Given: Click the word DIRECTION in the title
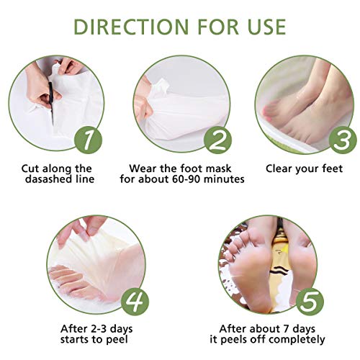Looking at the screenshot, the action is coord(131,27).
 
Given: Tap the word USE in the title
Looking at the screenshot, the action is coord(266,27).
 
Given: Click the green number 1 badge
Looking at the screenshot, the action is coord(89,140).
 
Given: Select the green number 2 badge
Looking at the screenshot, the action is coord(217,140).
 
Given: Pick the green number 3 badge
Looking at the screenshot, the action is coord(343,140).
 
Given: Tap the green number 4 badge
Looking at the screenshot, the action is coord(135,302).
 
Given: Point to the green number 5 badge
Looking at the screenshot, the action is coord(310,302).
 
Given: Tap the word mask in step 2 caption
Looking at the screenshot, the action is coord(218,168).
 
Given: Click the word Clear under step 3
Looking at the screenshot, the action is coord(279,168).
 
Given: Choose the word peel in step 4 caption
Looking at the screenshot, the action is coord(117,340).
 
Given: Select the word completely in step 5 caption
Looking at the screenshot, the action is coord(297,340).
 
